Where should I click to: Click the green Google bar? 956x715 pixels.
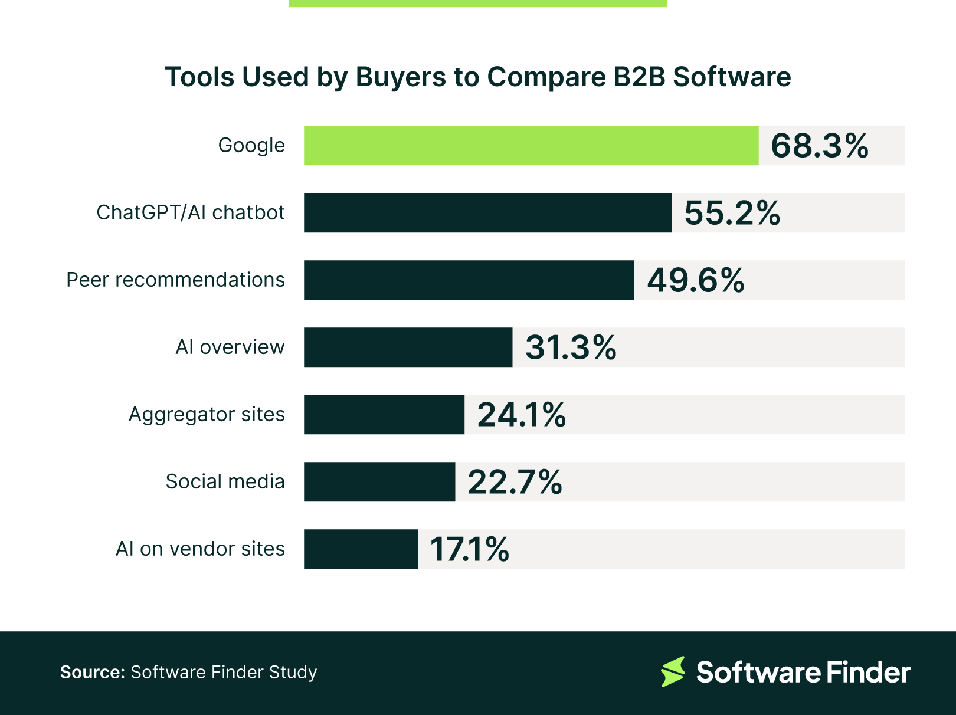coord(531,145)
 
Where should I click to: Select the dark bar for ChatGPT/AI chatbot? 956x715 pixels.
coord(487,212)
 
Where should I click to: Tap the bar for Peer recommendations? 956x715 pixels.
coord(469,280)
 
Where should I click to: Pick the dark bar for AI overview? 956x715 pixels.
coord(408,347)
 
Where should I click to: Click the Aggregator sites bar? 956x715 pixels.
coord(384,414)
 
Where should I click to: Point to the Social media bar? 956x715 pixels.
coord(379,481)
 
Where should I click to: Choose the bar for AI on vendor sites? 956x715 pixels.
coord(361,549)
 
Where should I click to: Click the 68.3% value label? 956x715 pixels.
coord(819,146)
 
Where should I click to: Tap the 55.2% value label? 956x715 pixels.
coord(732,213)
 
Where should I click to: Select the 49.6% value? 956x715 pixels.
coord(695,280)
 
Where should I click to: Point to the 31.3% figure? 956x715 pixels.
coord(571,347)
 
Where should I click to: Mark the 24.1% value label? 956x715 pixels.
coord(521,415)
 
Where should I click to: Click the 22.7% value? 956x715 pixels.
coord(515,482)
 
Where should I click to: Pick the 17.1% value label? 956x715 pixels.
coord(469,549)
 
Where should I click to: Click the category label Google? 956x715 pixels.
coord(251,145)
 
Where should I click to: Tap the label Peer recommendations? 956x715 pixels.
coord(175,280)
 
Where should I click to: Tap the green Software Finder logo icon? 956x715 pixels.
coord(673,671)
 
